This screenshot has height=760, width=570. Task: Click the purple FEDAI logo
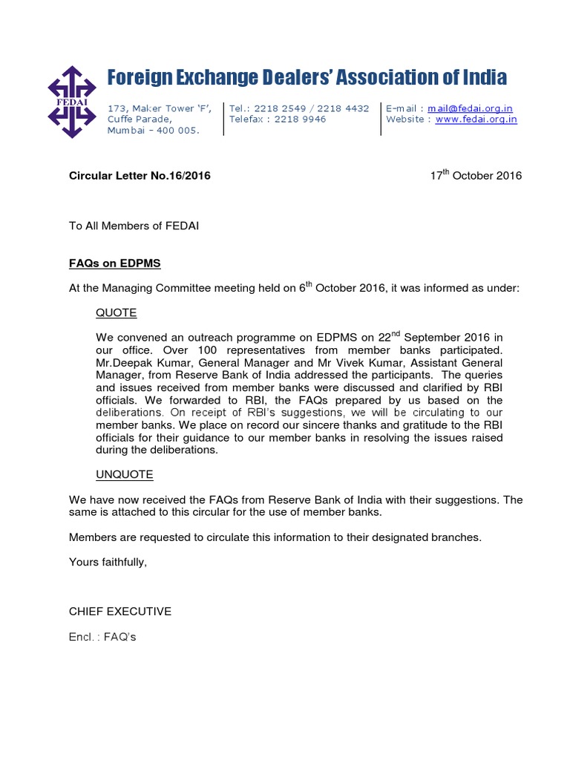73,102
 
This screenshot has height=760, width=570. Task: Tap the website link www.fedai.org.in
476,119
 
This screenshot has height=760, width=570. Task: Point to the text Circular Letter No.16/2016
140,176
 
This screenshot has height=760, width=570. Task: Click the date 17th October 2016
476,176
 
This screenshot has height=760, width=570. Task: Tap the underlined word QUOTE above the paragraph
117,313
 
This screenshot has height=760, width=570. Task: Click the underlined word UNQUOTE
125,474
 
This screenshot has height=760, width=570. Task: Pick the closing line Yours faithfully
108,562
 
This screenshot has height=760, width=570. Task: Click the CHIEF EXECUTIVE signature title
120,612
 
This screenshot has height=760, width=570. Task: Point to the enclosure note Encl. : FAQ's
102,637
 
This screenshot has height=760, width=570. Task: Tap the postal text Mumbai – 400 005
154,131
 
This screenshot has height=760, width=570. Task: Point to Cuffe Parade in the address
140,119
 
